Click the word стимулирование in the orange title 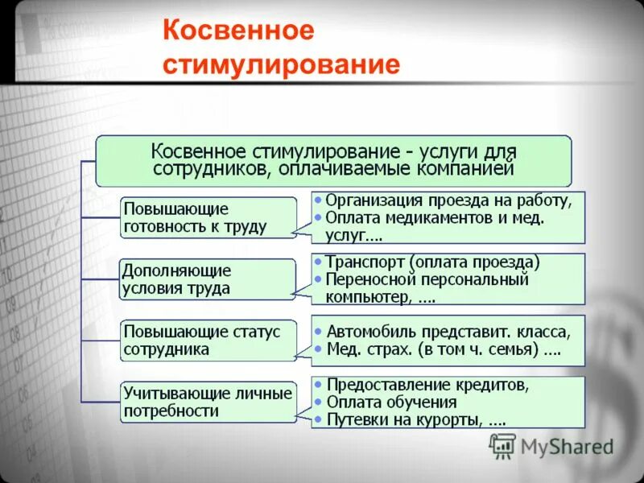pos(281,64)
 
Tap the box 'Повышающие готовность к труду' pos(208,217)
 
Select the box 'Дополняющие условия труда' pos(206,279)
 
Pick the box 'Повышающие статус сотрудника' pos(206,341)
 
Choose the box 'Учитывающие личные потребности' pos(207,401)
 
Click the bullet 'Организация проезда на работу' pos(448,201)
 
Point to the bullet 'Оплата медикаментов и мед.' pos(436,217)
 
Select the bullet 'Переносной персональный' pos(427,279)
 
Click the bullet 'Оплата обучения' pos(392,402)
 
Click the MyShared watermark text pos(567,446)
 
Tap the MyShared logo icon pos(503,446)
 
